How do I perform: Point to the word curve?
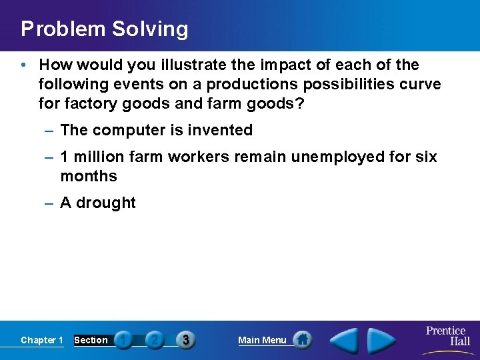[418, 85]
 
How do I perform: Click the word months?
[89, 176]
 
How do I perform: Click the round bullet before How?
[24, 65]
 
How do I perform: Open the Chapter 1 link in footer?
[42, 340]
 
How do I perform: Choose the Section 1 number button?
[123, 340]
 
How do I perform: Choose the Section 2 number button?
[154, 340]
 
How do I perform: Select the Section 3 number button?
[185, 340]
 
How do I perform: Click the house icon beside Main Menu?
[303, 340]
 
